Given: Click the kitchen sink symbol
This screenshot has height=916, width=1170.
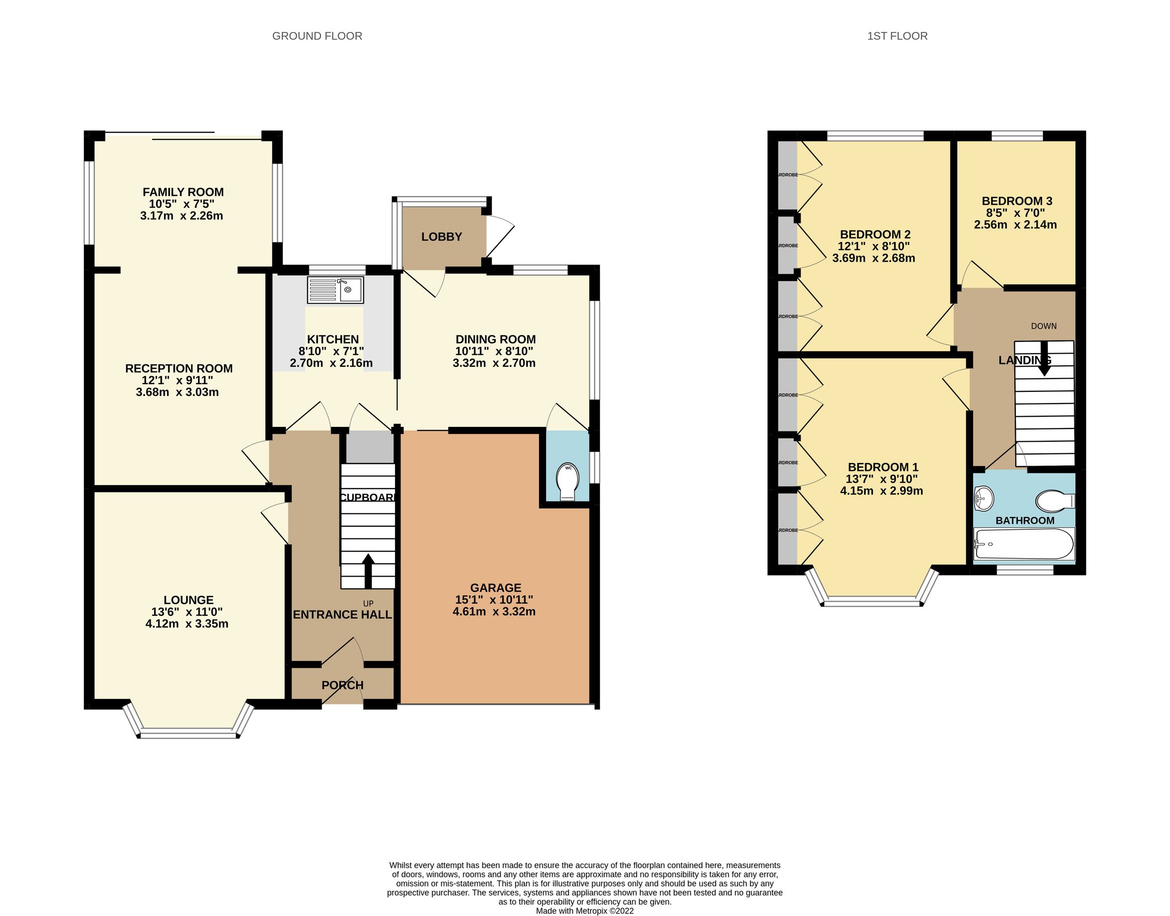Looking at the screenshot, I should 335,290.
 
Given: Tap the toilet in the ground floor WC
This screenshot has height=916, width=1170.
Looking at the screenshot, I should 567,481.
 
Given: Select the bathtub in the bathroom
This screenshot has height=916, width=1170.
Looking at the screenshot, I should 1023,545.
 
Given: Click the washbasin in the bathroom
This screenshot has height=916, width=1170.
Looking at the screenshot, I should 983,499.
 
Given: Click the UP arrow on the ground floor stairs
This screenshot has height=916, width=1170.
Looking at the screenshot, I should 368,570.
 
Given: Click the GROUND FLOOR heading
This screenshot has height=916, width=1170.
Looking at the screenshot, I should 317,36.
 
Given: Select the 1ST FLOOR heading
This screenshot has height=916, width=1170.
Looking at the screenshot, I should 897,36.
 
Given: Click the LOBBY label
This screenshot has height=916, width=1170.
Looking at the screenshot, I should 441,237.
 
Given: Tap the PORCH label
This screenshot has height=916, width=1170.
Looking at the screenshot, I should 342,685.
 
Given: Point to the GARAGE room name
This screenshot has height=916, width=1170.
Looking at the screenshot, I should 496,587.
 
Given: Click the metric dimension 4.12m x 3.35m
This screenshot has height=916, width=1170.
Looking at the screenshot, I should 187,624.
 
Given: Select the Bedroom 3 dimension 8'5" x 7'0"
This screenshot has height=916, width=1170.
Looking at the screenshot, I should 1015,213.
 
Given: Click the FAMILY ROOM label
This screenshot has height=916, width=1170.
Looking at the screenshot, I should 183,192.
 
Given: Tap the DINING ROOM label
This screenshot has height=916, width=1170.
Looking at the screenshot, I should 496,339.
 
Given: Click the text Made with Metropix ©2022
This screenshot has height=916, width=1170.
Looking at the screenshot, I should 584,910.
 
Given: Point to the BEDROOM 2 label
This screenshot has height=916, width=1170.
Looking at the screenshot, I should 875,235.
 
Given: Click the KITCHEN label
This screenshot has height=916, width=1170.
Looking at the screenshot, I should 332,339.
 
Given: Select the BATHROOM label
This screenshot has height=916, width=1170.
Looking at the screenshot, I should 1024,520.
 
